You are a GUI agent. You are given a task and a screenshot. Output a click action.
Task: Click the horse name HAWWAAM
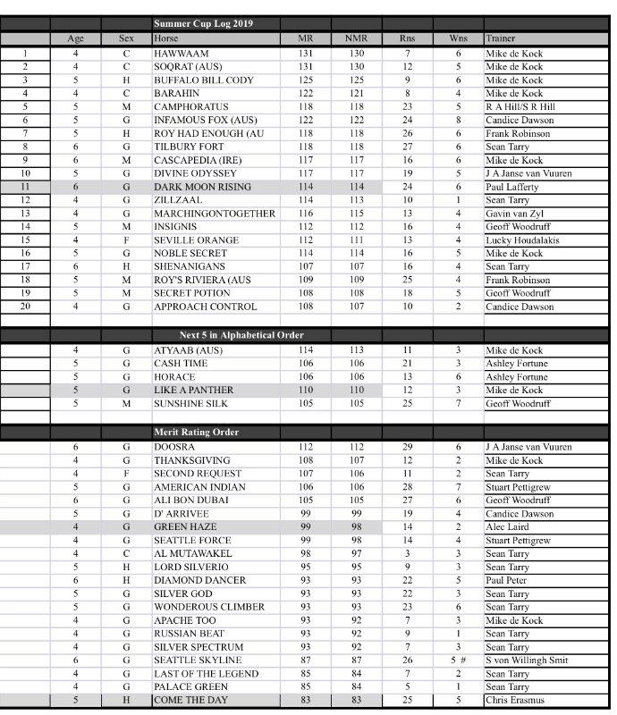[182, 54]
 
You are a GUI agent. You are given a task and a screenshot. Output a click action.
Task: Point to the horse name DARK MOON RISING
[202, 188]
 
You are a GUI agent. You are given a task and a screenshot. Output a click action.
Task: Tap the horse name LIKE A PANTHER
[194, 391]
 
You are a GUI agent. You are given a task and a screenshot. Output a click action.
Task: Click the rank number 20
[25, 307]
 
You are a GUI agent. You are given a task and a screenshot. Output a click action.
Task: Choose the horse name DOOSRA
[174, 447]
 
